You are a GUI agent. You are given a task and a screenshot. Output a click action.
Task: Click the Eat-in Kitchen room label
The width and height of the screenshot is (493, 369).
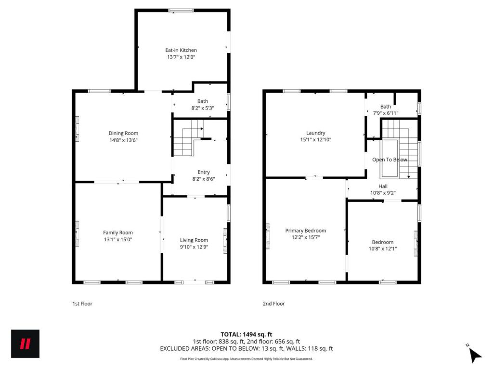click(x=181, y=50)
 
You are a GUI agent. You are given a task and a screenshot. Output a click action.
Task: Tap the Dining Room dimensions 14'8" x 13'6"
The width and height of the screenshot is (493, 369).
click(x=123, y=140)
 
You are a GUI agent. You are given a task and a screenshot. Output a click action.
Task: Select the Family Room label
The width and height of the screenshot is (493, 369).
click(x=118, y=233)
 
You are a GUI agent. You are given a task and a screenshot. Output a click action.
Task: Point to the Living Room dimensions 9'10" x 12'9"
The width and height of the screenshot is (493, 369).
click(x=194, y=247)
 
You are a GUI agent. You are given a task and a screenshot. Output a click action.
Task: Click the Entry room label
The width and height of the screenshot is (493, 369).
click(x=204, y=172)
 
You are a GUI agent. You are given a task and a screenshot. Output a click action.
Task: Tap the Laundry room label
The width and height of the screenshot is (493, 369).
click(x=316, y=133)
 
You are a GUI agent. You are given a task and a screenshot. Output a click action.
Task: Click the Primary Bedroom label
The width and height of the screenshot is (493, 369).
click(x=306, y=231)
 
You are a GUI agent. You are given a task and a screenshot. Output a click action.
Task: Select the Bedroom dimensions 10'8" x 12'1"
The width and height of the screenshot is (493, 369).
click(x=383, y=249)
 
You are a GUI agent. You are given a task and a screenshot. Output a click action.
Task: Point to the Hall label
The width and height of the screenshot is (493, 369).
click(x=383, y=186)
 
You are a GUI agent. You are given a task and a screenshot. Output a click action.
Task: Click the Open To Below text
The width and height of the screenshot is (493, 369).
click(x=390, y=160)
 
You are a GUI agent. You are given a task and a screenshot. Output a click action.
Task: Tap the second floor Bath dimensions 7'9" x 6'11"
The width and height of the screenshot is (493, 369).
click(x=386, y=113)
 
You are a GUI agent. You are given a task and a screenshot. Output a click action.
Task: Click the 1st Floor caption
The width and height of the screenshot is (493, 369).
click(x=82, y=304)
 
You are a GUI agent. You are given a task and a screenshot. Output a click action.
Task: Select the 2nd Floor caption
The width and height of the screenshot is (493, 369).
click(x=274, y=304)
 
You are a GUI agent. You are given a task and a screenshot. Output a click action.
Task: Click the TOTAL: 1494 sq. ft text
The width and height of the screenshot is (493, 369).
click(x=246, y=334)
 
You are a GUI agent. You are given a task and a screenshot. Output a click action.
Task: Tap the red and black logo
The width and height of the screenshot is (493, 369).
click(x=26, y=344)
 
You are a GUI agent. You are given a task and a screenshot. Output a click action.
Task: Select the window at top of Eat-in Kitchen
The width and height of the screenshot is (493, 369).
click(x=181, y=11)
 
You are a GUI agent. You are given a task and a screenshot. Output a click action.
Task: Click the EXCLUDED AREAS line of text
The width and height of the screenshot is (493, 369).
click(x=246, y=349)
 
